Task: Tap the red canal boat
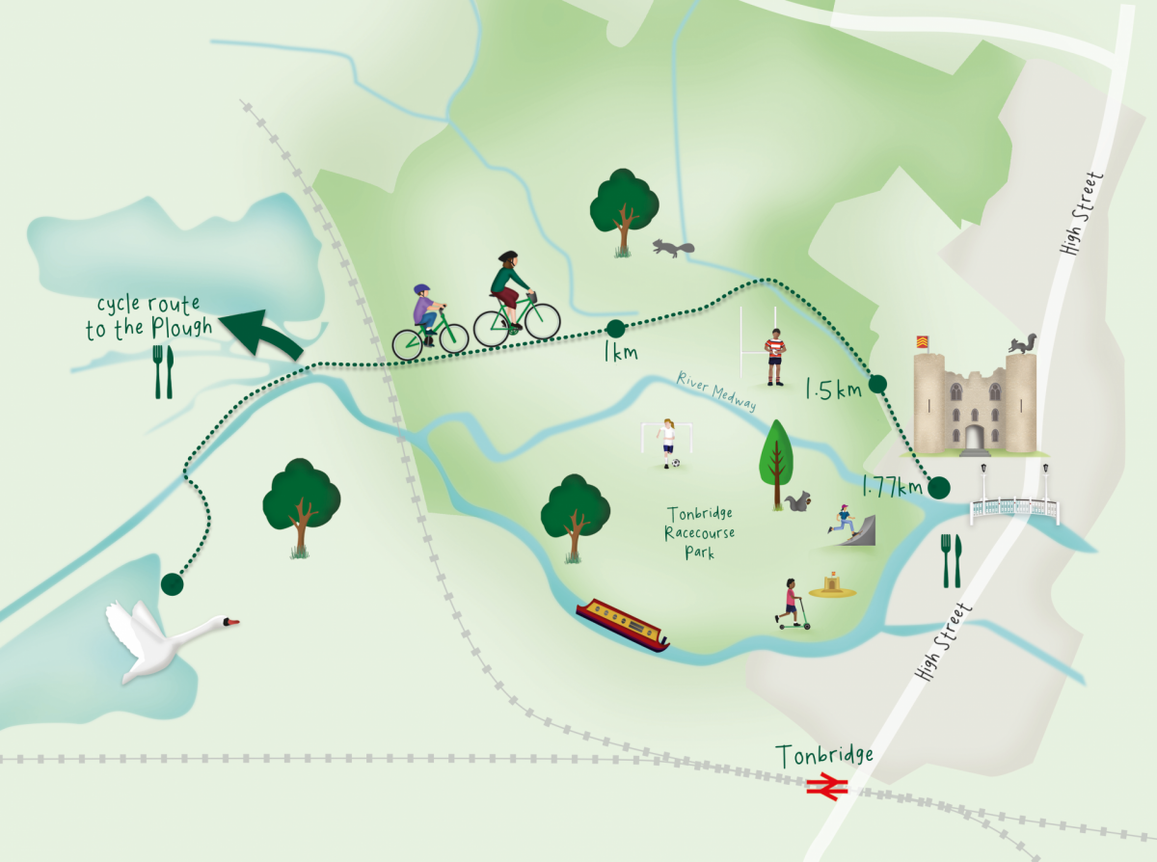(x=623, y=625)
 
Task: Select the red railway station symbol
(x=826, y=788)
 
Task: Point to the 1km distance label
(x=620, y=353)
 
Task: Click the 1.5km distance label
(x=833, y=390)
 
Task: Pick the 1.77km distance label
(x=892, y=488)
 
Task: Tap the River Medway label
(x=716, y=391)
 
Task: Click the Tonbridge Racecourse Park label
(x=700, y=533)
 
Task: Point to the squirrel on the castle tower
(x=1021, y=343)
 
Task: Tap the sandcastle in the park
(x=831, y=584)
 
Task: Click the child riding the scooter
(x=793, y=605)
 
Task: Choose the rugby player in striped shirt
(x=774, y=356)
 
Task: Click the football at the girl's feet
(x=676, y=464)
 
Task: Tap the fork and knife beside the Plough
(x=163, y=372)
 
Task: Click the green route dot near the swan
(x=172, y=583)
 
